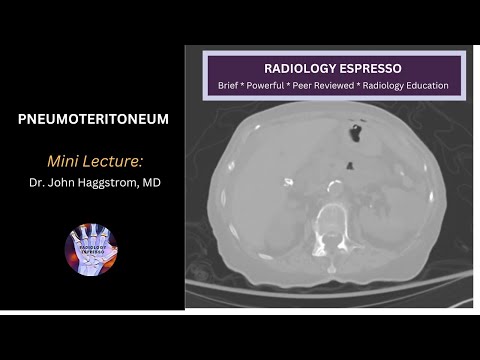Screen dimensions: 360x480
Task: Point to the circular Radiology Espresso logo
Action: click(x=91, y=251)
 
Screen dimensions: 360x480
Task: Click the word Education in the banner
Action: click(x=435, y=86)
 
